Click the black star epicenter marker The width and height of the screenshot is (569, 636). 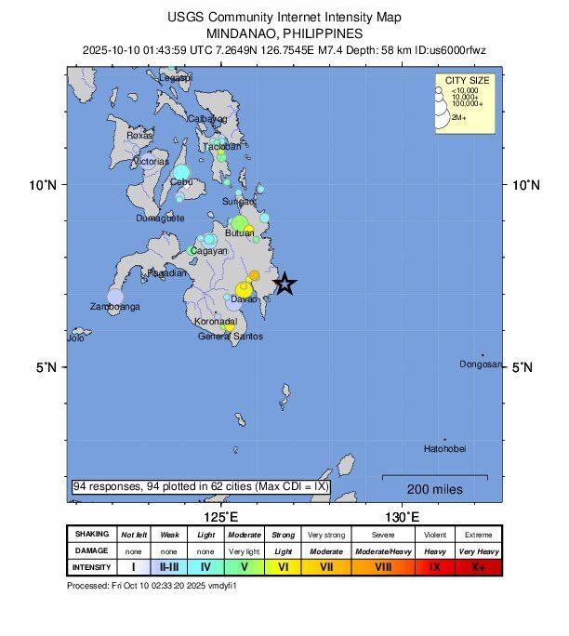coord(285,285)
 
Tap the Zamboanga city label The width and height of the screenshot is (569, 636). coord(114,306)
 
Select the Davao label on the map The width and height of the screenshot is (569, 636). coord(244,299)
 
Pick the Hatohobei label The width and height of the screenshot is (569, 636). coord(444,448)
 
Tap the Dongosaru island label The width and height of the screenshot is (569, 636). coord(481,364)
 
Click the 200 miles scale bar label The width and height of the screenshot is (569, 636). coord(434,489)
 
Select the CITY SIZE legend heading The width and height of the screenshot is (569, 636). coord(468,81)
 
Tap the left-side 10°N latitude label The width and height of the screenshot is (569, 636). coord(43,185)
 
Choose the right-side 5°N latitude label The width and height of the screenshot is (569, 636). coord(523,367)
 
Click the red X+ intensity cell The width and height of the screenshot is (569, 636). coord(478,566)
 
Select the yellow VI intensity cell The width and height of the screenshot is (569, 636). coord(284,566)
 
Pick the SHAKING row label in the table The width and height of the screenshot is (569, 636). coord(92,535)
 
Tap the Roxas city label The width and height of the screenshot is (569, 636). coord(139,135)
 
